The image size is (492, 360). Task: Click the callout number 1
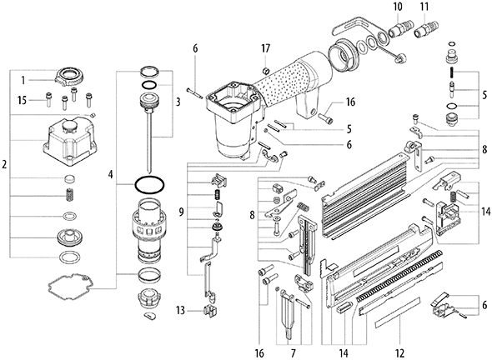click(x=23, y=80)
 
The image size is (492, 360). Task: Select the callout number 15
click(x=22, y=101)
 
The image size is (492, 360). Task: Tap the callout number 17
click(x=265, y=49)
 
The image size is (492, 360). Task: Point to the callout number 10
click(x=398, y=7)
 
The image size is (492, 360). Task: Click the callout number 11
click(x=424, y=7)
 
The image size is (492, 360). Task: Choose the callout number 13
click(x=180, y=311)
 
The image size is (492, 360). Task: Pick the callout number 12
click(x=399, y=353)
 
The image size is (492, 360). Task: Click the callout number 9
click(x=181, y=212)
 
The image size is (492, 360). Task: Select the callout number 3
click(x=178, y=102)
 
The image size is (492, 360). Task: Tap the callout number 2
click(x=4, y=164)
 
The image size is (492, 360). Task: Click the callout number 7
click(x=294, y=353)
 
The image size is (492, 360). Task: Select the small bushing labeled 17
click(x=266, y=70)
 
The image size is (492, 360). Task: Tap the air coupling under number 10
click(x=397, y=28)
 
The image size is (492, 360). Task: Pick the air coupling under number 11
click(x=424, y=28)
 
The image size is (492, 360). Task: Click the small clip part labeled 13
click(x=210, y=311)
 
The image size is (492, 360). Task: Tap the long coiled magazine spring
click(x=399, y=277)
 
